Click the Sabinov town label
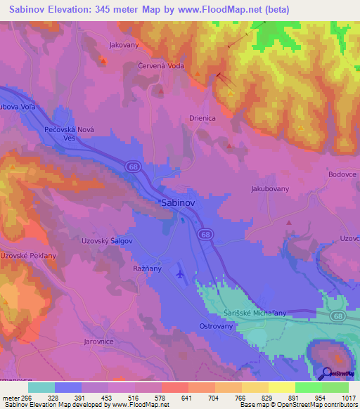pos(178,202)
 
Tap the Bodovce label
pos(343,174)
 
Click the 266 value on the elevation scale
pos(27,398)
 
